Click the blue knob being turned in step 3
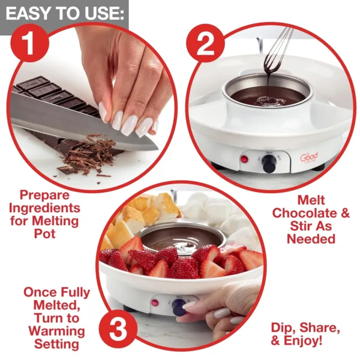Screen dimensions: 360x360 coord(179,307)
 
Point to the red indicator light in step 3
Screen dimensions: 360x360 coord(155,302)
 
